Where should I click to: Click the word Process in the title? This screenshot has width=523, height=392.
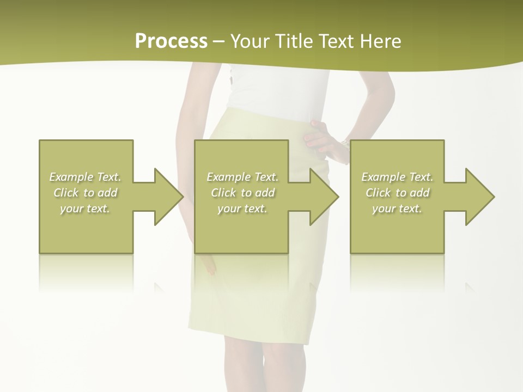tap(171, 41)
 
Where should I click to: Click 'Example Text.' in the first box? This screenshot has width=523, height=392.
tap(85, 177)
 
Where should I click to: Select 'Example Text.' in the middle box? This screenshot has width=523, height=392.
tap(242, 177)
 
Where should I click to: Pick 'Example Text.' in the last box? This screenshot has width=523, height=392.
tap(397, 177)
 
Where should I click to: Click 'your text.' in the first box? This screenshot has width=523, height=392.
tap(85, 209)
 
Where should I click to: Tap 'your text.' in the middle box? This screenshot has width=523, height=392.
tap(242, 209)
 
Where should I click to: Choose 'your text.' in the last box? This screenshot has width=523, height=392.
tap(397, 209)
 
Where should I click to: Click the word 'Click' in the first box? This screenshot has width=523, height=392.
tap(66, 193)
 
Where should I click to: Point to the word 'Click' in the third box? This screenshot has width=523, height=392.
tap(379, 193)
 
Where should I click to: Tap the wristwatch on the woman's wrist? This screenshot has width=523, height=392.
tap(345, 143)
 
